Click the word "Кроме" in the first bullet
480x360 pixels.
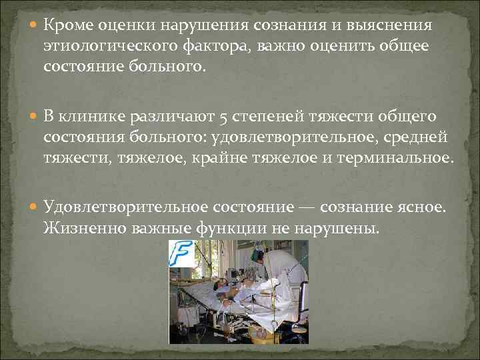(69, 25)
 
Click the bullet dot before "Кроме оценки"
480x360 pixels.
(34, 26)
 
